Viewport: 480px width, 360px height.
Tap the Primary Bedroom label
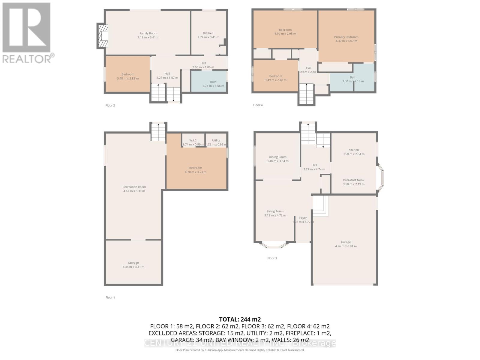pos(346,37)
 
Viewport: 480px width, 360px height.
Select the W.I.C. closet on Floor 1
pos(193,140)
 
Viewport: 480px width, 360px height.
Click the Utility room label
pos(216,140)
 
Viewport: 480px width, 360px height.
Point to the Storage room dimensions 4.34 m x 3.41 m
pos(133,267)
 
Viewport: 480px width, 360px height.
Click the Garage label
pos(346,242)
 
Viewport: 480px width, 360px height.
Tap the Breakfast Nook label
pos(354,180)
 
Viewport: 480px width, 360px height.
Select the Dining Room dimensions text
pos(277,161)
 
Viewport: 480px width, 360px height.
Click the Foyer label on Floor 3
pos(303,218)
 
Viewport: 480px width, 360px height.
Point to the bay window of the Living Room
pos(273,246)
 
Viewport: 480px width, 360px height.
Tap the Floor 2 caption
pos(110,105)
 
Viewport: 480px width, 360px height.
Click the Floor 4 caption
pos(258,105)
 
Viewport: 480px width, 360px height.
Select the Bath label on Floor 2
pos(213,82)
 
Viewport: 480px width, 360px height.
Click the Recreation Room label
pos(134,187)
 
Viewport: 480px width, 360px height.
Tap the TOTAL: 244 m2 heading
pos(240,319)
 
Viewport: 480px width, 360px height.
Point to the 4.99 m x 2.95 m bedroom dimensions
pos(285,34)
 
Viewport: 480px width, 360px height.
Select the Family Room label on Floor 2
pos(148,33)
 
